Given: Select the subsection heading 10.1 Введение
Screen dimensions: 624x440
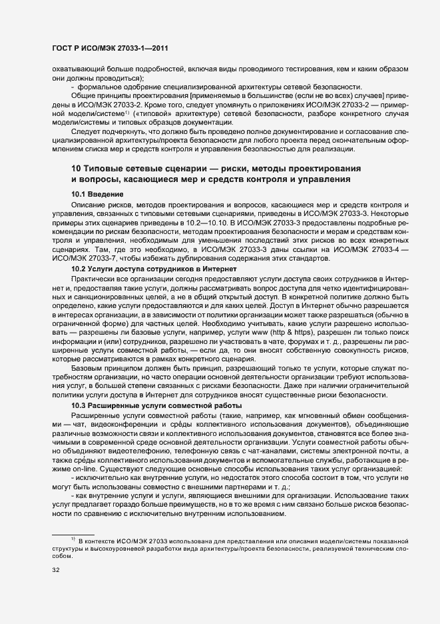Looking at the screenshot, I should tap(98, 193).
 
